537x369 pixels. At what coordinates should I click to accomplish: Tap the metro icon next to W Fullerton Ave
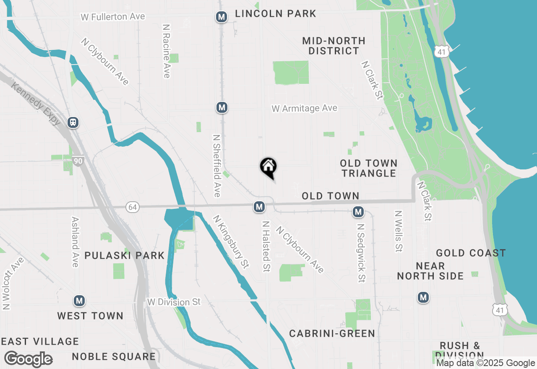coord(221,17)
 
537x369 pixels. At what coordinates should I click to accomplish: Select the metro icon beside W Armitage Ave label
coord(222,107)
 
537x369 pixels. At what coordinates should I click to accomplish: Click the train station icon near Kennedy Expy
coord(73,122)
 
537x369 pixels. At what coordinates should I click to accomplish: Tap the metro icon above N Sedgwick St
coord(358,212)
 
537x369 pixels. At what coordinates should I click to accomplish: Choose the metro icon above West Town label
coord(79,301)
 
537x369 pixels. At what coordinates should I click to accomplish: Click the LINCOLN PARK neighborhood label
coord(275,13)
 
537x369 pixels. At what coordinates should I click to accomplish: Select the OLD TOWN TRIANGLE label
coord(368,168)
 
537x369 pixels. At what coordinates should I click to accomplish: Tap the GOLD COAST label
coord(471,253)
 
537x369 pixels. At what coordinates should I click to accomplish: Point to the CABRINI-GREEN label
coord(332,333)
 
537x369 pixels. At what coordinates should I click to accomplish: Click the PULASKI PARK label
coord(124,255)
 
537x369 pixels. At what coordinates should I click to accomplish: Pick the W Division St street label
coord(174,302)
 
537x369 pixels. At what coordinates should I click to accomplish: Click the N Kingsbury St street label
coord(230,242)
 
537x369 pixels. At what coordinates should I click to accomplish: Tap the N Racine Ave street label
coord(166,51)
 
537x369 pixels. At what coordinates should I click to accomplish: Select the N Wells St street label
coord(398,231)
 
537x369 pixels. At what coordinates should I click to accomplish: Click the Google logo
coord(28,359)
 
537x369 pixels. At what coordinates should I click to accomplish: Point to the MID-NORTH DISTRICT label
coord(334,46)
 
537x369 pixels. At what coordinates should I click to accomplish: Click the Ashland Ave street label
coord(75,242)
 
